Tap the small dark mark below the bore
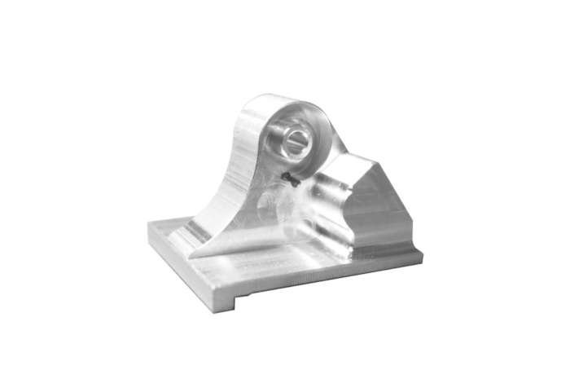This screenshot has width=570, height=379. pos(289,178)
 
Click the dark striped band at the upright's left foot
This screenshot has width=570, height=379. pos(195,232)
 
